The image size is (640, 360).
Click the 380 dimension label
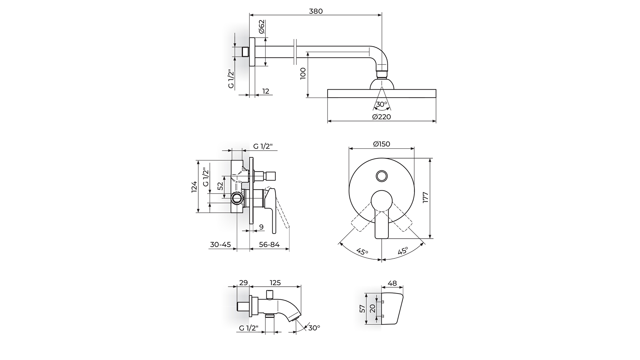coord(316,11)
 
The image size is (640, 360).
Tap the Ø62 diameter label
coord(261,27)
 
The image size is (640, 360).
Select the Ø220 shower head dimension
coord(382,117)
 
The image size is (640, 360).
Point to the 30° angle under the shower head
coord(382,104)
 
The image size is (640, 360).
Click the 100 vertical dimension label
coord(303,73)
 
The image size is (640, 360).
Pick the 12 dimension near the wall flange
coord(266,91)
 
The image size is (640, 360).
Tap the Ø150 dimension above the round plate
coord(381,144)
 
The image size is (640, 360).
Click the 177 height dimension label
coord(425,198)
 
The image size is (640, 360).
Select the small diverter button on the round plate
coord(382,176)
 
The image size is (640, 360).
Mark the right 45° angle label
coord(402,251)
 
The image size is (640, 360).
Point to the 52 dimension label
coord(220,186)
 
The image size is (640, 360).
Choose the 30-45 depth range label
coord(220,244)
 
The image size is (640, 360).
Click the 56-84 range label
coord(269,244)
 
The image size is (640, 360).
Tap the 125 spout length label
coord(275,283)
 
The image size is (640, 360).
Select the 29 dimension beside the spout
coord(244,283)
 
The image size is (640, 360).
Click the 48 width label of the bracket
coord(393,283)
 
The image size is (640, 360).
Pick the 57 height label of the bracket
coord(362,309)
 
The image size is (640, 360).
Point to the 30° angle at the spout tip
coord(314,328)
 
